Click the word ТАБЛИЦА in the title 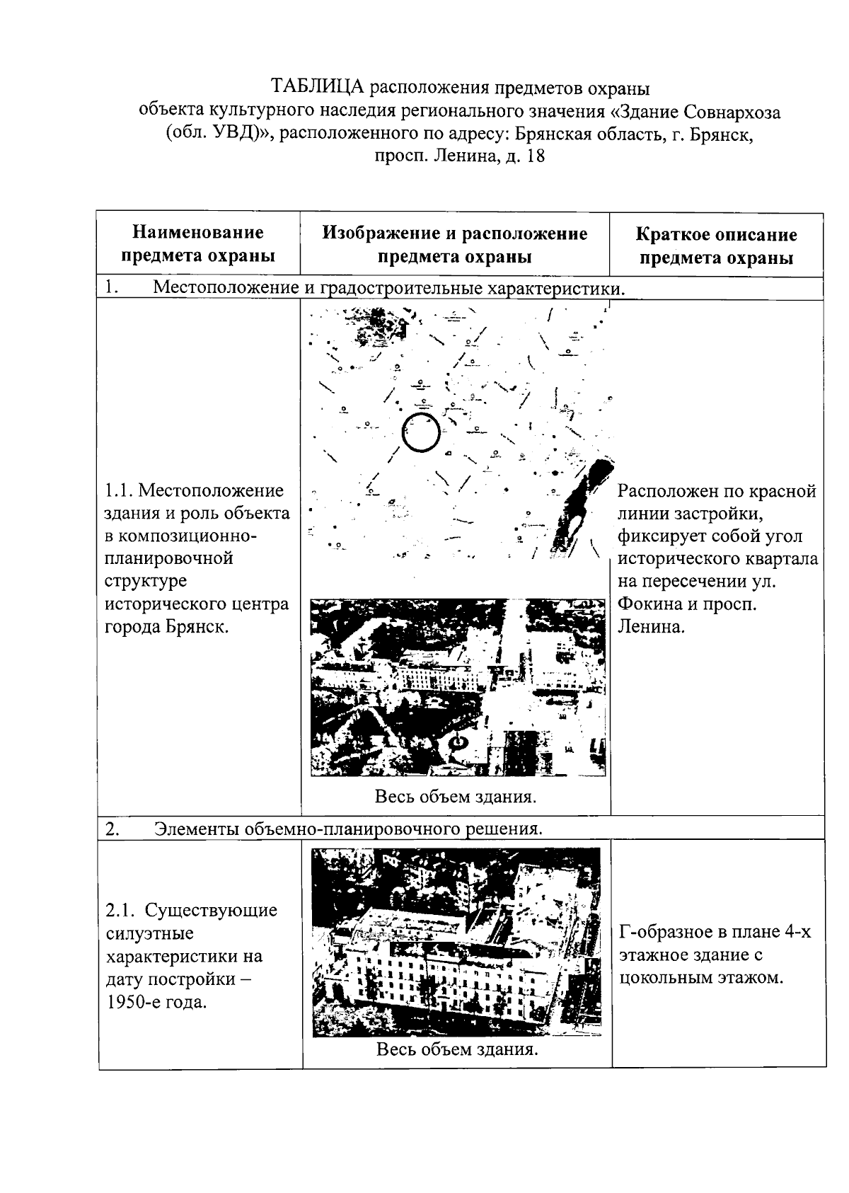[x=318, y=88]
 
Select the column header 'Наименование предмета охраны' [x=198, y=244]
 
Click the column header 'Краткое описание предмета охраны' [x=716, y=246]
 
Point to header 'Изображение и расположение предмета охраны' [x=454, y=245]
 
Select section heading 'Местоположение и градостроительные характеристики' [x=389, y=288]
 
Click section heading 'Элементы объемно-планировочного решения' [x=348, y=829]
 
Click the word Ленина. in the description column [x=652, y=626]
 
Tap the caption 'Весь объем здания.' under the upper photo [x=456, y=797]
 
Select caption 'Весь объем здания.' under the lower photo [x=457, y=1049]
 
